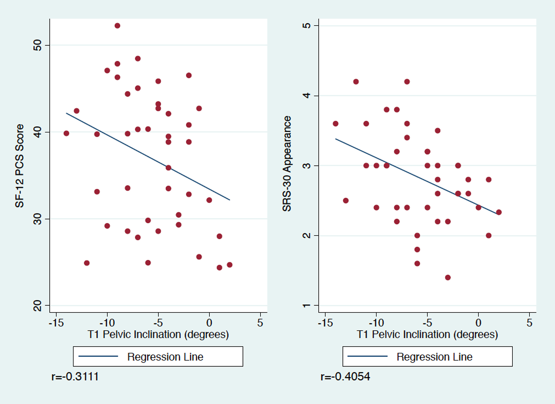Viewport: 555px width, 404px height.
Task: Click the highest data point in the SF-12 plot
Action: [x=117, y=26]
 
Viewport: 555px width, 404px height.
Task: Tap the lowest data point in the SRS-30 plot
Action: [x=448, y=277]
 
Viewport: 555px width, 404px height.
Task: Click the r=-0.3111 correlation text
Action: [x=75, y=377]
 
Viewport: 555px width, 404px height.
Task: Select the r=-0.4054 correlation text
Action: [x=345, y=377]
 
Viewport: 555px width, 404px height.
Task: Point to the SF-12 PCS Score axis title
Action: [x=19, y=166]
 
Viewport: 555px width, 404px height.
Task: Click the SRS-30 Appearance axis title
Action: [x=287, y=163]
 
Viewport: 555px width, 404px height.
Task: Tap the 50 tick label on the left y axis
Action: [x=37, y=45]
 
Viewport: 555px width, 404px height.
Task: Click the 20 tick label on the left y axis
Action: [x=37, y=305]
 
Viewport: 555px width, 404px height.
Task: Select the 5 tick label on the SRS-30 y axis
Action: [x=306, y=26]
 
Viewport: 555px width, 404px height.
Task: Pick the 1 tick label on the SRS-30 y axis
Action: [x=306, y=305]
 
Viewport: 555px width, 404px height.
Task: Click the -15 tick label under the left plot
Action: [x=56, y=323]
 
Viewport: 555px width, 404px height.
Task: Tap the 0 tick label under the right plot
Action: [x=478, y=323]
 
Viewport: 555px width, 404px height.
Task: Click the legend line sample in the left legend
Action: [x=98, y=356]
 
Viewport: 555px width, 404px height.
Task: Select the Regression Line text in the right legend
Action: [x=435, y=357]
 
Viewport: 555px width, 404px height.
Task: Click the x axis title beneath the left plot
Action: [x=158, y=334]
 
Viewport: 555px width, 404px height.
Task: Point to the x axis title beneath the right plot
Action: [x=427, y=334]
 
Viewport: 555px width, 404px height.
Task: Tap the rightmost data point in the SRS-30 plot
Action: [x=499, y=212]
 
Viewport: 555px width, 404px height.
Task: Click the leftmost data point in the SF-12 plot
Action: [x=66, y=133]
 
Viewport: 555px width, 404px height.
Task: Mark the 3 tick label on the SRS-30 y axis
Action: [x=306, y=166]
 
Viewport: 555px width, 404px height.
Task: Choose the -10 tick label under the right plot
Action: [x=376, y=323]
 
